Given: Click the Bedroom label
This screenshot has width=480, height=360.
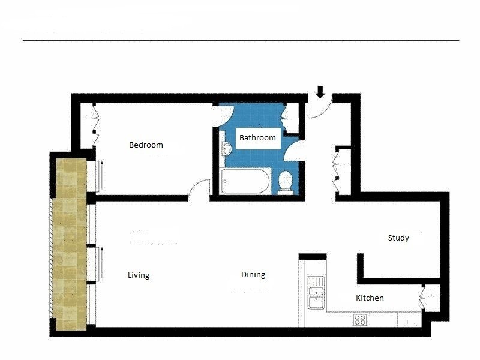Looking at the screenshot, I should tap(146, 145).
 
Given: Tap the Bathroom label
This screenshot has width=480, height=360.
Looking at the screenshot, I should tap(257, 137).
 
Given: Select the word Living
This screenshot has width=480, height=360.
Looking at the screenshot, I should tap(138, 275).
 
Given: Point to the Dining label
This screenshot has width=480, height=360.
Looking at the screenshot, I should tap(253, 275).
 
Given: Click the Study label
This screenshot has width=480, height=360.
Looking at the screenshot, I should tap(398, 238).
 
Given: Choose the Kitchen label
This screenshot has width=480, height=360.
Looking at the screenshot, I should tap(370, 298).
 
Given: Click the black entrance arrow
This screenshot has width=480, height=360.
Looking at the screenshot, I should tap(320, 92).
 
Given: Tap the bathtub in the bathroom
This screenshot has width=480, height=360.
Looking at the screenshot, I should tap(246, 181).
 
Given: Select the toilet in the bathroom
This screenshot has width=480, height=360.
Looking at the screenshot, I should tap(286, 181).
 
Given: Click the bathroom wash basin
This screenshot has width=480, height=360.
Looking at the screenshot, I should tap(226, 149).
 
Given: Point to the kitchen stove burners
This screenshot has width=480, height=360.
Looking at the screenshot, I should tap(360, 320).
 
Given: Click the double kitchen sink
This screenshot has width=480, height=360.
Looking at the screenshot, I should tap(316, 292).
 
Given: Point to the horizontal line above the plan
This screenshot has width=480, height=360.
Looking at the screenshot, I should tap(240, 40).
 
